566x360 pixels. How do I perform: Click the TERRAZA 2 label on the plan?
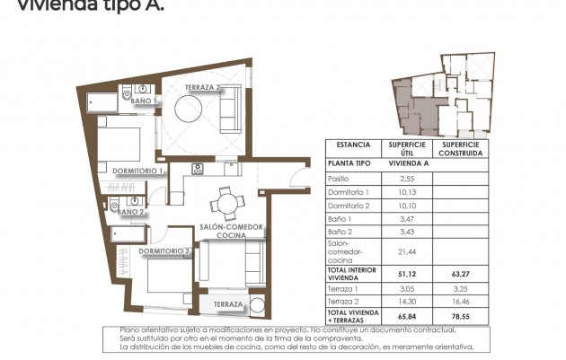click(203, 87)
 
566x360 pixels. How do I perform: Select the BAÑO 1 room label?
click(144, 102)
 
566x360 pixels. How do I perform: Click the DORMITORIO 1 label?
click(137, 170)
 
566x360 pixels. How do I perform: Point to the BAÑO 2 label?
click(131, 212)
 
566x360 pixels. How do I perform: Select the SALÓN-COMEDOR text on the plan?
click(231, 227)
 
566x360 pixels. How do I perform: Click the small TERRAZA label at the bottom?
click(229, 305)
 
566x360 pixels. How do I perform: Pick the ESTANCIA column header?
click(353, 145)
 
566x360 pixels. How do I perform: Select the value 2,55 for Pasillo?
click(405, 179)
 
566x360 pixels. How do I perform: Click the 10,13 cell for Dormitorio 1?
click(405, 192)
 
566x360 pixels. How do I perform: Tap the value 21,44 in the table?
click(405, 252)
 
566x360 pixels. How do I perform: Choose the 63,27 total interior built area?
click(462, 273)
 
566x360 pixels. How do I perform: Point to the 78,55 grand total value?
click(462, 317)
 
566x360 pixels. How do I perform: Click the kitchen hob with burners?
click(199, 168)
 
